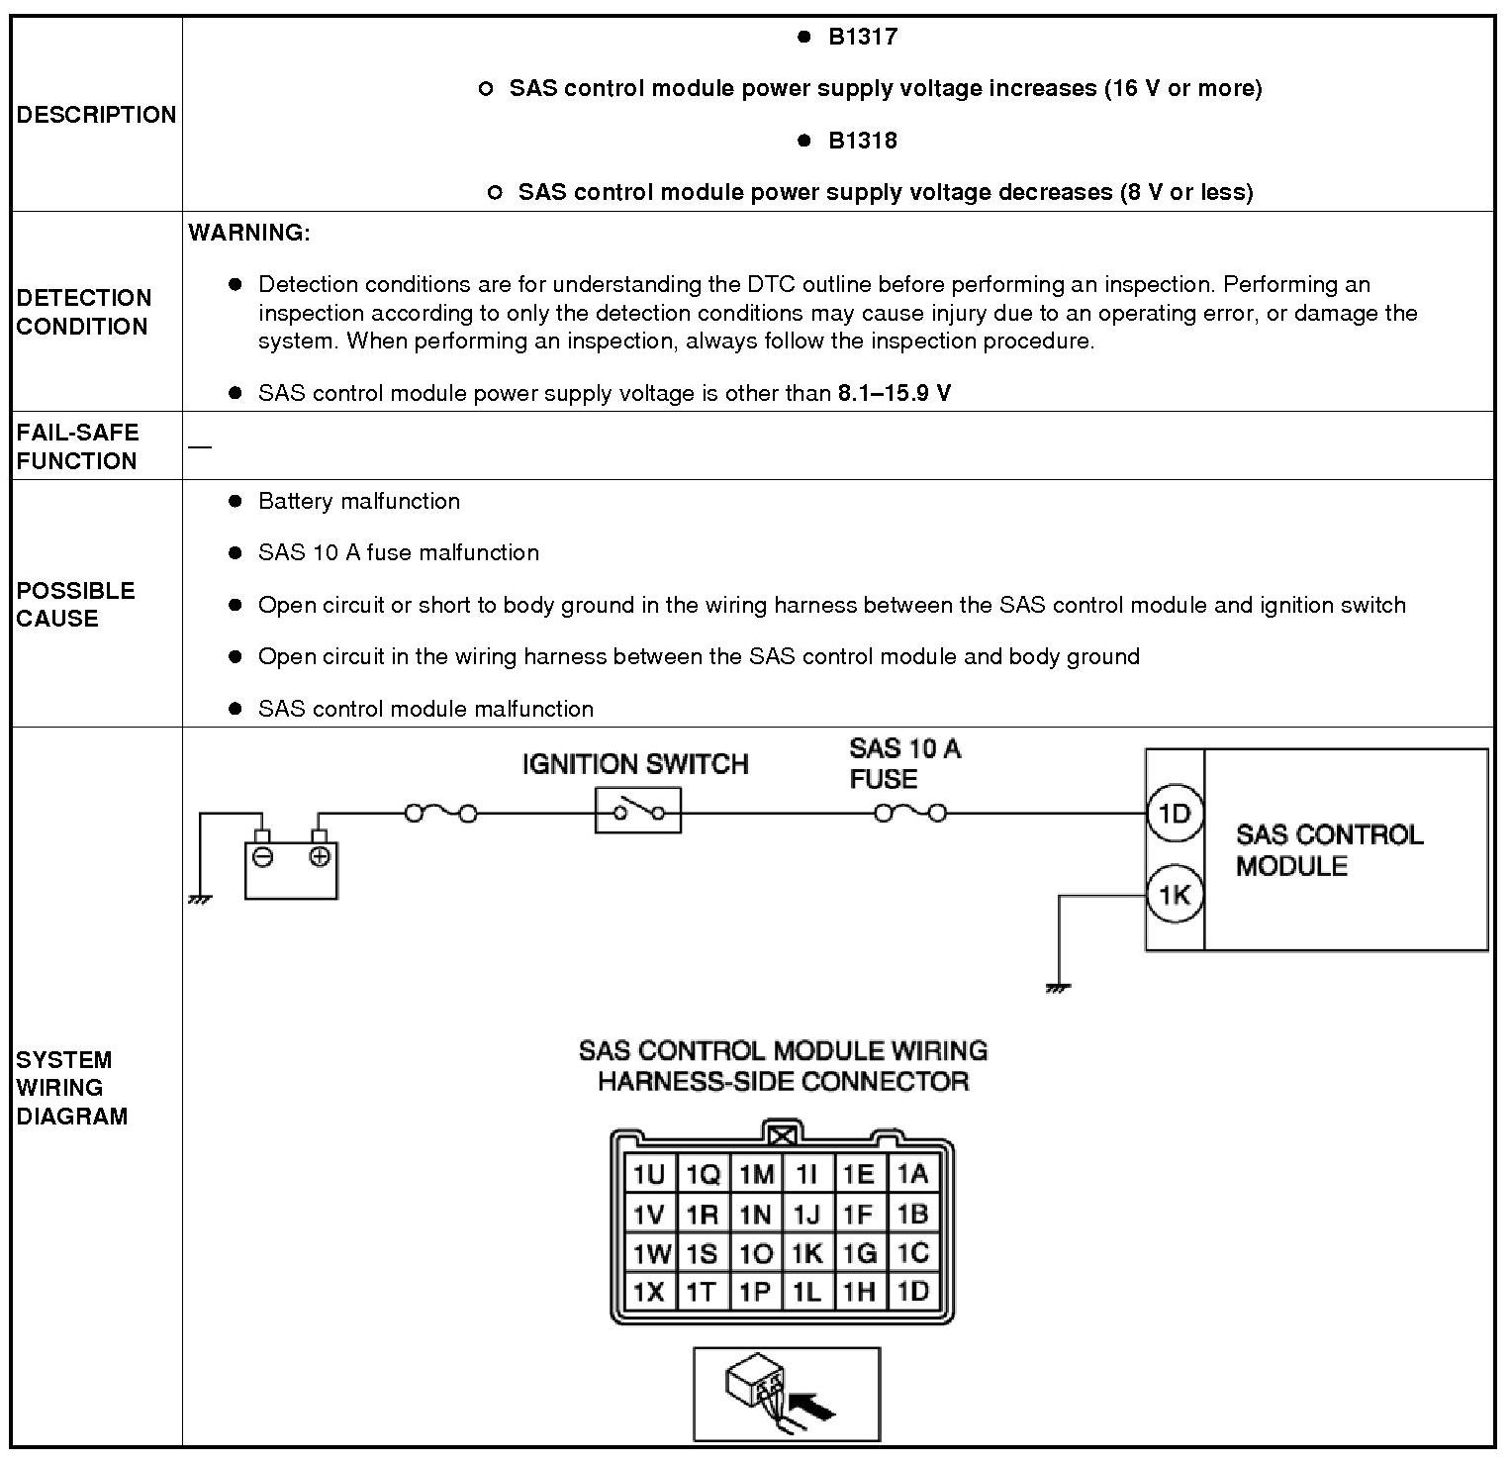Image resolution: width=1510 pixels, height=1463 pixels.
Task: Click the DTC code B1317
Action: click(x=862, y=38)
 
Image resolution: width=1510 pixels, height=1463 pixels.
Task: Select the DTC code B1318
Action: click(x=862, y=141)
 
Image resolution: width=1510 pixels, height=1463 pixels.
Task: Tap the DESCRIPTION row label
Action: click(x=96, y=115)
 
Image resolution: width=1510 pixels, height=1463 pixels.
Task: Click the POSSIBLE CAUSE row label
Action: click(x=75, y=604)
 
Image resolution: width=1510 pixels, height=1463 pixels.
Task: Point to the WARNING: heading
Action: click(x=249, y=233)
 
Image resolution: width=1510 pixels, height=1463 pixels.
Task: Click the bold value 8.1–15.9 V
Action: click(x=895, y=393)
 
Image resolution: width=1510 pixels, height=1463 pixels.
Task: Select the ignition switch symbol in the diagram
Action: click(x=638, y=812)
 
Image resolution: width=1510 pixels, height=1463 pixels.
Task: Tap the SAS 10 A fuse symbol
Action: click(x=910, y=814)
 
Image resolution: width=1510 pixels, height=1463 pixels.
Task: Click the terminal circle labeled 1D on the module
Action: click(x=1175, y=815)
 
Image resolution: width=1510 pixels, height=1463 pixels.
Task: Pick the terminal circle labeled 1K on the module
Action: click(x=1175, y=896)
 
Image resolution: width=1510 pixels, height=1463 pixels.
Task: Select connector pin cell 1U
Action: click(x=649, y=1175)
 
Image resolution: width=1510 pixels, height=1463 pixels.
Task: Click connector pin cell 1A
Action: click(x=912, y=1175)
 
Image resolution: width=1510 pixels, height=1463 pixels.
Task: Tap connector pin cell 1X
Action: click(x=649, y=1292)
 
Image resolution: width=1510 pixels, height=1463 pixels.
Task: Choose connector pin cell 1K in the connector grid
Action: click(x=807, y=1253)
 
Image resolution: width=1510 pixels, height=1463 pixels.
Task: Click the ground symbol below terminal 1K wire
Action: click(x=1059, y=987)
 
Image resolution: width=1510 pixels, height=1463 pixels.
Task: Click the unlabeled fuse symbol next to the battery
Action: click(x=440, y=814)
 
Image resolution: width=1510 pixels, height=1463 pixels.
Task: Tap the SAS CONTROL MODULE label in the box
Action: click(x=1329, y=850)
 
